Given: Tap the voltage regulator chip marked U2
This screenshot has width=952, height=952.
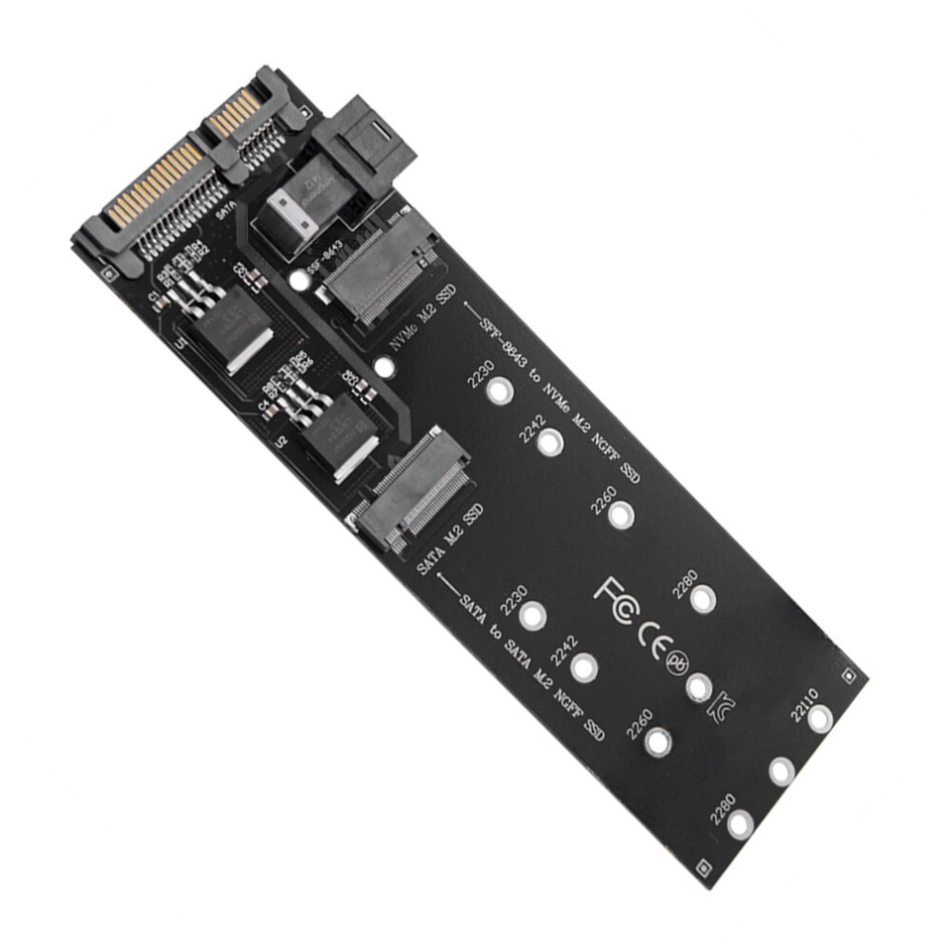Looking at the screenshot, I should (337, 431).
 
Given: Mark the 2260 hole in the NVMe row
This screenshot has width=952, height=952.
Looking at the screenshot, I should (622, 515).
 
